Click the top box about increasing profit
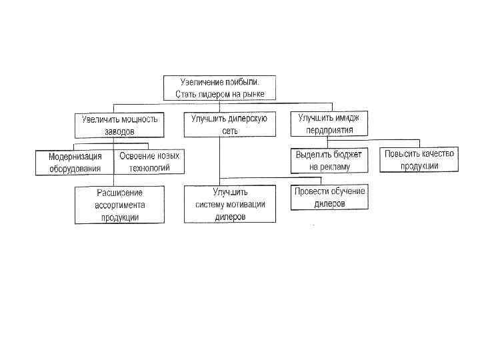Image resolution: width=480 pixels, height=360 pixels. [220, 88]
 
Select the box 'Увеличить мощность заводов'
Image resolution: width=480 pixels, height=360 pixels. [119, 125]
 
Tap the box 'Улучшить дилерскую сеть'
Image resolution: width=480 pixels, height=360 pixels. [229, 124]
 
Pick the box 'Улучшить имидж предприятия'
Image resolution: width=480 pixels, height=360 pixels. [329, 123]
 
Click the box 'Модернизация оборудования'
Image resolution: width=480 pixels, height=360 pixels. [75, 162]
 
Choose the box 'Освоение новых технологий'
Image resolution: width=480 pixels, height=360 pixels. [149, 162]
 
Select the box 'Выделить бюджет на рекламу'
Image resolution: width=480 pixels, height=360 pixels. [329, 160]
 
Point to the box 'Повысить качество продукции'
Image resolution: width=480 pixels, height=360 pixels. [419, 159]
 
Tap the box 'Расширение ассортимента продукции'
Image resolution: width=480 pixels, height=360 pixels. [119, 205]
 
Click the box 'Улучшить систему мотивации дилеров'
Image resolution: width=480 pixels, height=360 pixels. [230, 204]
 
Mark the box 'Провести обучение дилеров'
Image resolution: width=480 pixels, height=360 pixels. [329, 197]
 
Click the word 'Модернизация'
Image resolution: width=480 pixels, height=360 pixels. [75, 157]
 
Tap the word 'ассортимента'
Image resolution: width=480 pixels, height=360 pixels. [120, 205]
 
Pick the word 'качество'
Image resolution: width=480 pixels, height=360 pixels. [435, 153]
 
